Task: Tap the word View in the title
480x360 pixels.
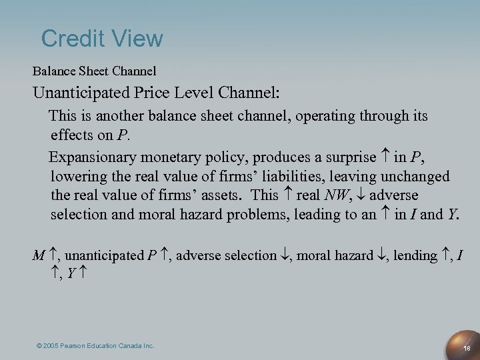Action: [138, 38]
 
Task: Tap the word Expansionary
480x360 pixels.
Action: [93, 158]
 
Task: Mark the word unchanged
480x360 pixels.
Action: [416, 177]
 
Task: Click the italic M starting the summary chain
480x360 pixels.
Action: [39, 255]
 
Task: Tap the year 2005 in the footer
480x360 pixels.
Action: [51, 346]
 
